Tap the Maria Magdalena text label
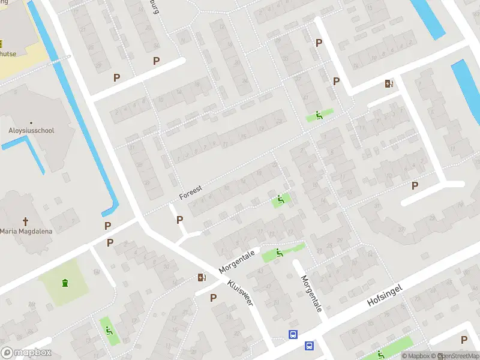coord(26,232)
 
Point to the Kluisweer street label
coord(240,292)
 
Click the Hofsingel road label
coord(384,298)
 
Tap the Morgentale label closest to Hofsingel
coord(311,294)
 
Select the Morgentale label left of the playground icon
coord(237,262)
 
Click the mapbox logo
coord(26,353)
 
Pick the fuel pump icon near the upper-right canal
coord(390,83)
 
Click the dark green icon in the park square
coord(64,282)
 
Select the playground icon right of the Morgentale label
coord(280,253)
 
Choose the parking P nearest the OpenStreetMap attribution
coord(464,340)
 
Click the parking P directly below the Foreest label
coord(179,220)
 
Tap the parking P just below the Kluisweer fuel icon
coord(213,298)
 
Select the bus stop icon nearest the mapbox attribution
coord(309,346)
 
